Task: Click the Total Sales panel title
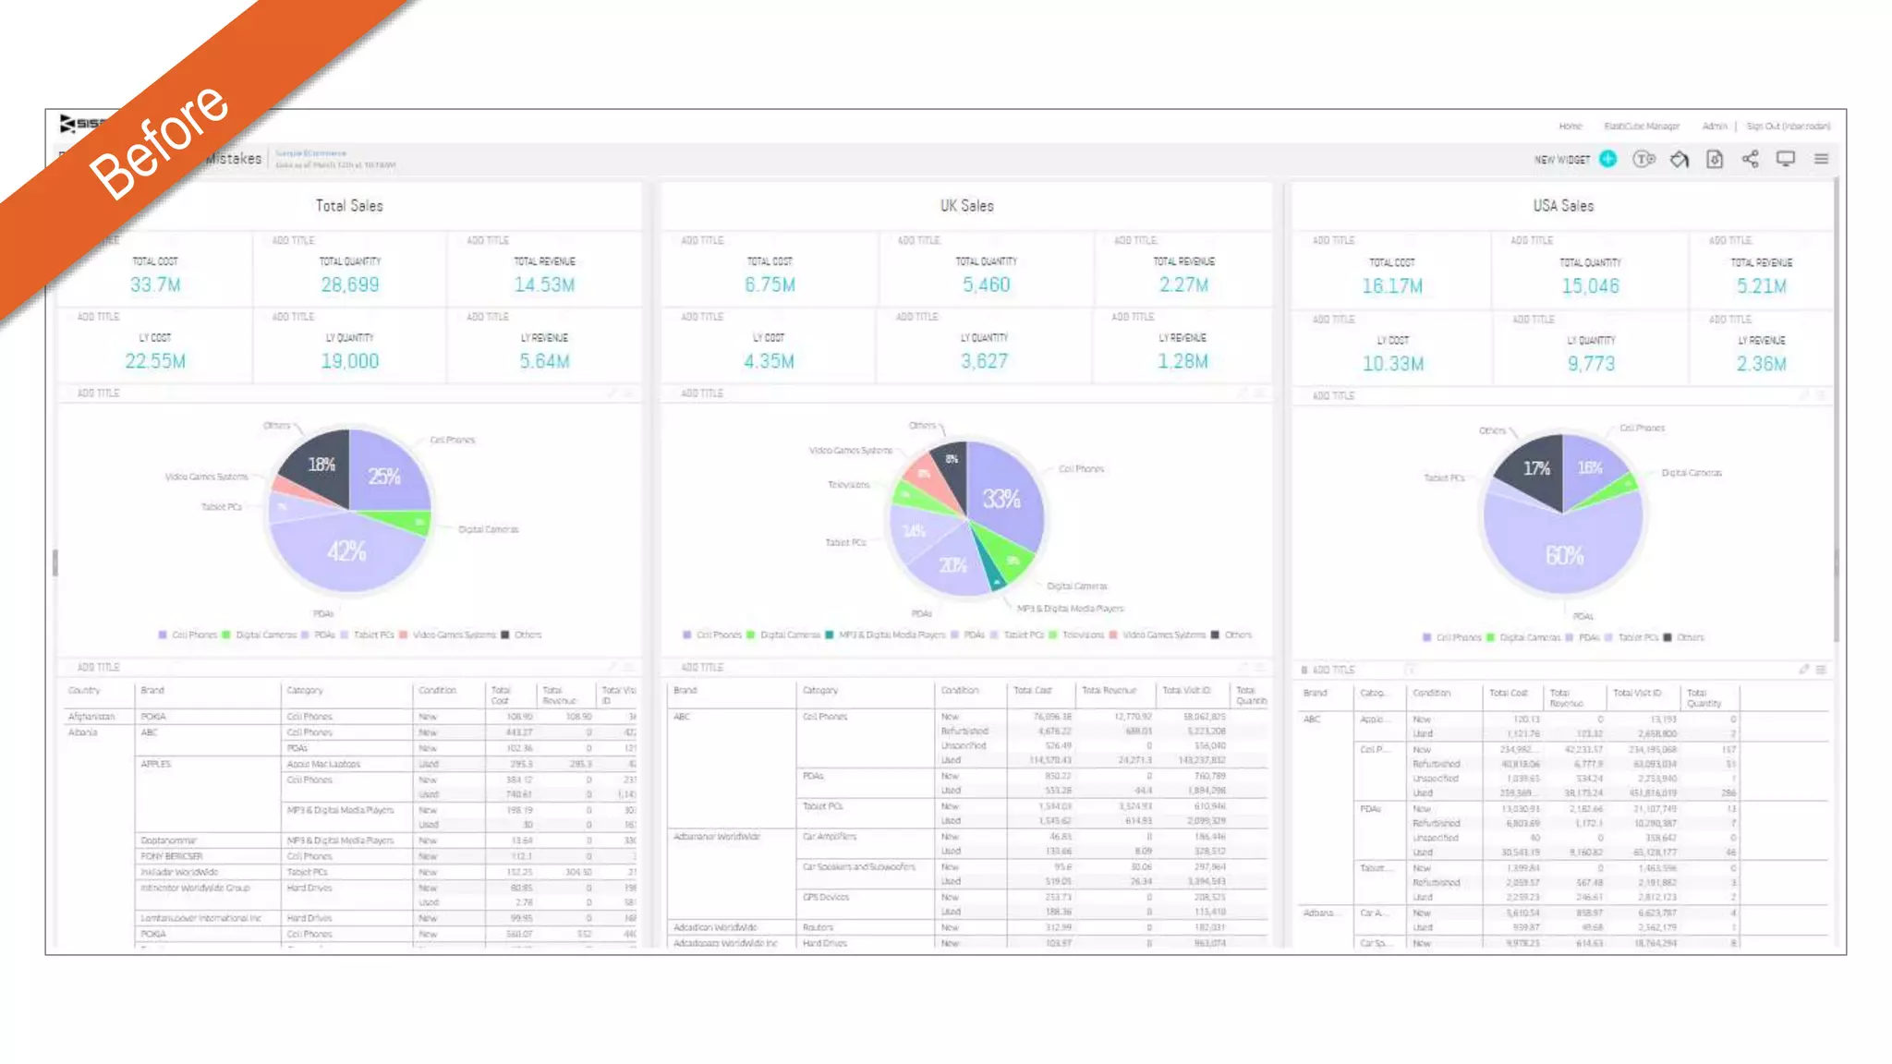[x=349, y=206]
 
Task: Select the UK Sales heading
[x=966, y=206]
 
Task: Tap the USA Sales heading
[x=1563, y=206]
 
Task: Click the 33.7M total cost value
[x=155, y=284]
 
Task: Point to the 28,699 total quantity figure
[x=349, y=284]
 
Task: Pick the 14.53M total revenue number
[x=544, y=284]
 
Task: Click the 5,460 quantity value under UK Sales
[x=986, y=284]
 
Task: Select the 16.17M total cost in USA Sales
[x=1391, y=286]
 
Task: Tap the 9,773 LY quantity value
[x=1591, y=364]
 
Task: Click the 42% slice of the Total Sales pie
[x=346, y=552]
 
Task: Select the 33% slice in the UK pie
[x=1001, y=500]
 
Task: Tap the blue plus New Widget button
[x=1608, y=159]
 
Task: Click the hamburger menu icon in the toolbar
[x=1821, y=159]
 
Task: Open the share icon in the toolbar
[x=1750, y=159]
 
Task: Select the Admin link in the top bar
[x=1714, y=127]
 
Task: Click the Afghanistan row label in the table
[x=91, y=717]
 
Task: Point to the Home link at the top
[x=1570, y=127]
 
